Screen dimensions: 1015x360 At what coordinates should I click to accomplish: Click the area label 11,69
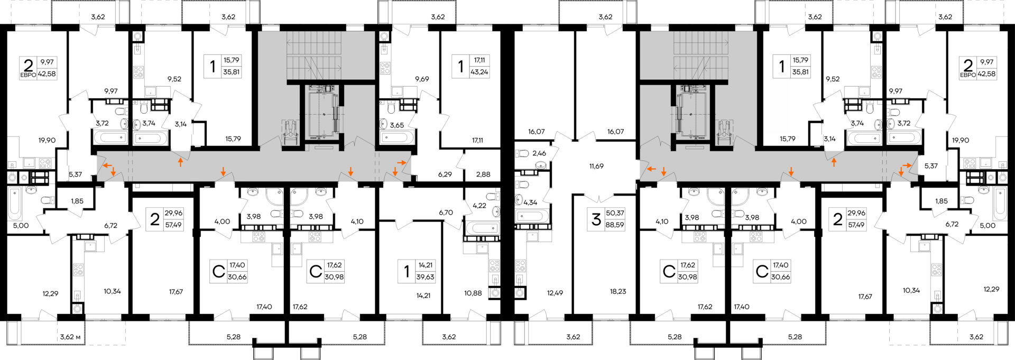point(596,166)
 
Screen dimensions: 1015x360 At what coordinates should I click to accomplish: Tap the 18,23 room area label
point(617,291)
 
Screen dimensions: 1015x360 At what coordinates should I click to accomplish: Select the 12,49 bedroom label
point(555,293)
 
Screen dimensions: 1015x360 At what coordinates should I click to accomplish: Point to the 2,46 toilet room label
point(539,153)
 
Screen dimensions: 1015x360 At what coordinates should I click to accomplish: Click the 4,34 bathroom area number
point(530,202)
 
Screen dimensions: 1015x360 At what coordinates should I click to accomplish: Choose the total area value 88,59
point(615,225)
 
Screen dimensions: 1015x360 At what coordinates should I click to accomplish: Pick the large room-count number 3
point(596,219)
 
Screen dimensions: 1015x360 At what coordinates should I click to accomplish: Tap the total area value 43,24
point(479,72)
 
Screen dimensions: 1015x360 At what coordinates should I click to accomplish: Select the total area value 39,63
point(425,277)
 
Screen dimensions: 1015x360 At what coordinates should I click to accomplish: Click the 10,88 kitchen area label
point(473,293)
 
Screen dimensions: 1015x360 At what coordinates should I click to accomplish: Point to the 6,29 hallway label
point(445,174)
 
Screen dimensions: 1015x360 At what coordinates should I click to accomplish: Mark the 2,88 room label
point(483,174)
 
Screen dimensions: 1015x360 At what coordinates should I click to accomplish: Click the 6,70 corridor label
point(446,213)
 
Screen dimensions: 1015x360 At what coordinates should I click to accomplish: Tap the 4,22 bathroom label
point(479,206)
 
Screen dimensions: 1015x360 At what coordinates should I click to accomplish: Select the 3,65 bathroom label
point(397,125)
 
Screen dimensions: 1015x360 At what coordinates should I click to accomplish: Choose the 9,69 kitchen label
point(422,79)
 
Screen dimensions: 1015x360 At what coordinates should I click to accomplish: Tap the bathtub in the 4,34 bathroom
point(532,216)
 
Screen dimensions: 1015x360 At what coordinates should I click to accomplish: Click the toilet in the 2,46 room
point(522,153)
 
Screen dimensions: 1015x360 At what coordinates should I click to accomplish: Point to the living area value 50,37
point(615,213)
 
